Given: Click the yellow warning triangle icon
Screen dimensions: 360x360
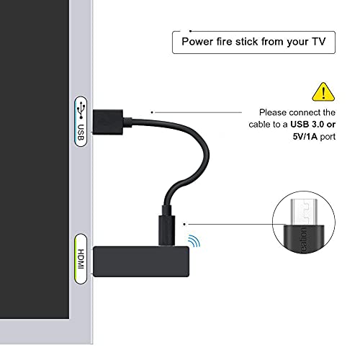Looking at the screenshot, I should [323, 91].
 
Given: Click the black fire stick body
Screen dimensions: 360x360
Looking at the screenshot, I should [145, 260].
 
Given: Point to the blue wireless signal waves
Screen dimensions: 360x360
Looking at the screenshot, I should [192, 240].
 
